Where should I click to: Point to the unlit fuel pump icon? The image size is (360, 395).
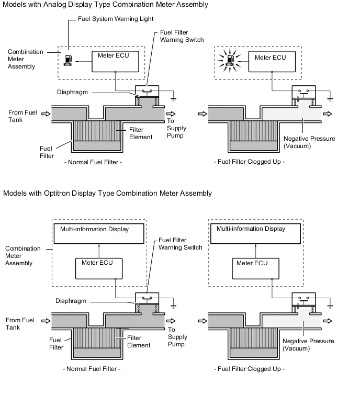68,60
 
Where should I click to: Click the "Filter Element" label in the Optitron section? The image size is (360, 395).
139,342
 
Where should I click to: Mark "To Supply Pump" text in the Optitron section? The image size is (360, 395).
178,337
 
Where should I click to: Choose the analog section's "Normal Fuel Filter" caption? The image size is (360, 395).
93,162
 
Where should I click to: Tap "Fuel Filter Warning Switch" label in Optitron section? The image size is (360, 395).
179,244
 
